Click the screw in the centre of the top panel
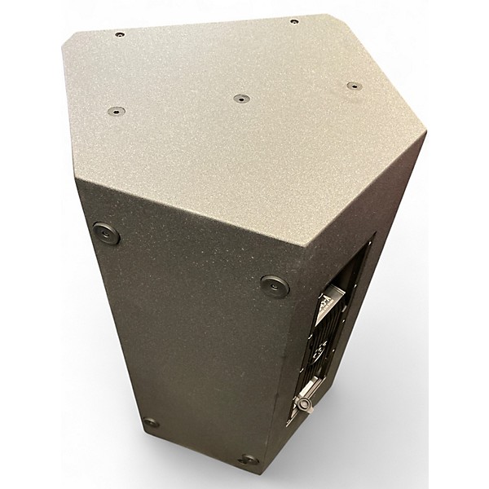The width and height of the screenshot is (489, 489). pyautogui.click(x=241, y=99)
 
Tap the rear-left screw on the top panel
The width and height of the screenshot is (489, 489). pyautogui.click(x=119, y=34)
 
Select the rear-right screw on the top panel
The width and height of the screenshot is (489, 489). pyautogui.click(x=293, y=21)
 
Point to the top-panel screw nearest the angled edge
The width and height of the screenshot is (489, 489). pyautogui.click(x=352, y=86)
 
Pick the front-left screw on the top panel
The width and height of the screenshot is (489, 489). pyautogui.click(x=115, y=111)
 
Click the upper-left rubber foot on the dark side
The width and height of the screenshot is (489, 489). pyautogui.click(x=106, y=234)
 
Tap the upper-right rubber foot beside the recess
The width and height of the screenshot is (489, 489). pyautogui.click(x=274, y=286)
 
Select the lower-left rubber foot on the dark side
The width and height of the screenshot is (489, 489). pyautogui.click(x=151, y=423)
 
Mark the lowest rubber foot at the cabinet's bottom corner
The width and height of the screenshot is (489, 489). pyautogui.click(x=248, y=460)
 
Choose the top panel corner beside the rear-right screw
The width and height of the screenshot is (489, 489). pyautogui.click(x=328, y=14)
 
